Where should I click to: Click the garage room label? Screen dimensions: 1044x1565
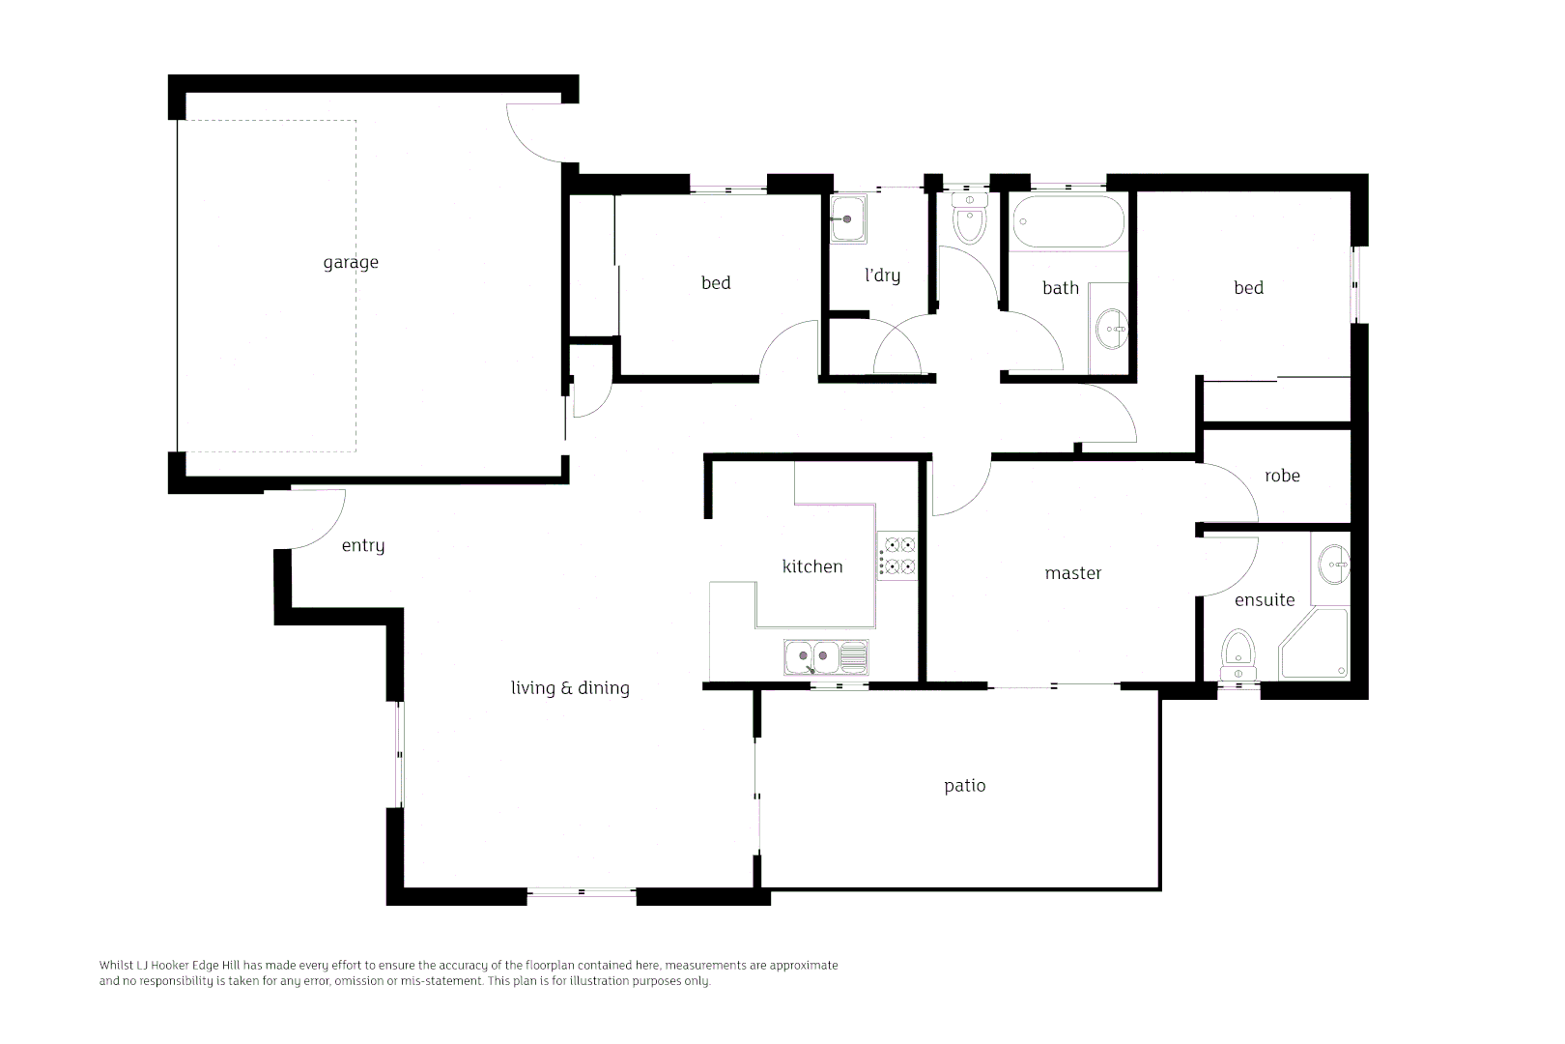click(x=351, y=263)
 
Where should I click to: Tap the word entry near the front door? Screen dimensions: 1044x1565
click(x=363, y=546)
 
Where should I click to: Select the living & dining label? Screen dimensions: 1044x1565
click(x=570, y=688)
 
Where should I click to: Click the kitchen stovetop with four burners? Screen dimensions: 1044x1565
click(x=897, y=556)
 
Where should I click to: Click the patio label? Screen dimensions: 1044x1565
click(x=964, y=786)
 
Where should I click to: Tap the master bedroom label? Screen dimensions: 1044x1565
click(x=1072, y=573)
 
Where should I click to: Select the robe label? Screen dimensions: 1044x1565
click(x=1282, y=476)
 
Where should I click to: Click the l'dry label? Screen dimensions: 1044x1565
click(x=882, y=275)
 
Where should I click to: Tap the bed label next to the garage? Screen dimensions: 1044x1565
click(x=716, y=283)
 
